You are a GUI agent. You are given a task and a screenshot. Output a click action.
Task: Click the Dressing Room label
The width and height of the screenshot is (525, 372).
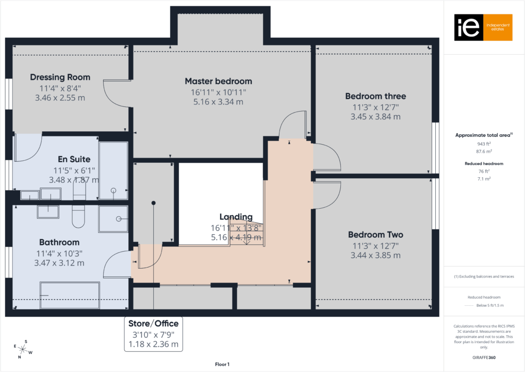point(60,78)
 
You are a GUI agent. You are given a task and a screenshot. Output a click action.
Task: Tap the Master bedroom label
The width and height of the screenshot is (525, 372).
point(218,81)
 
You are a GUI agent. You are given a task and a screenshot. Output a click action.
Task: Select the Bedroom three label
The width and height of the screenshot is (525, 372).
point(375,96)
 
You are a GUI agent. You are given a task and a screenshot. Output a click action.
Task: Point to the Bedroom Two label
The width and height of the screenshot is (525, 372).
point(375,234)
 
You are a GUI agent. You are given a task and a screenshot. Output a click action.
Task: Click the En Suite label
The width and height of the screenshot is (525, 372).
point(74,160)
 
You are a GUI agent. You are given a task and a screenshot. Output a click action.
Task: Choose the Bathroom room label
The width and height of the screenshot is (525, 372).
point(59,242)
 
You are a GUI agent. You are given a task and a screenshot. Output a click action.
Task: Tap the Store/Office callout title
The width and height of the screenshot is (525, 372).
point(153,324)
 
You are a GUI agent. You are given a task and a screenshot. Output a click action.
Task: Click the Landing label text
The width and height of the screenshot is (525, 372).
point(236,217)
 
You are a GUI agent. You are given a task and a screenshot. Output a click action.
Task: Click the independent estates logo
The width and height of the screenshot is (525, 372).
point(483,27)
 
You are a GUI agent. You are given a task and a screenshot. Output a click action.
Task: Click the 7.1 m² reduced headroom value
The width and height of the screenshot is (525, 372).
point(484,178)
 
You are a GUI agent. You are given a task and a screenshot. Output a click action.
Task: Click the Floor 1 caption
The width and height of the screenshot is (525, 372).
point(222,365)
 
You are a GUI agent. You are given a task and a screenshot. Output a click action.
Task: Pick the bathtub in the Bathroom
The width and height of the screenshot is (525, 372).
point(70,295)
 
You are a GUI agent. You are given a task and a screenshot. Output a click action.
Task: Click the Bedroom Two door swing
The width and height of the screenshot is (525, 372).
point(326,195)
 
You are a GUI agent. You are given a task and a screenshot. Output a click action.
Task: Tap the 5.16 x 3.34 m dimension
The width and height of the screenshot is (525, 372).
point(218,102)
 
